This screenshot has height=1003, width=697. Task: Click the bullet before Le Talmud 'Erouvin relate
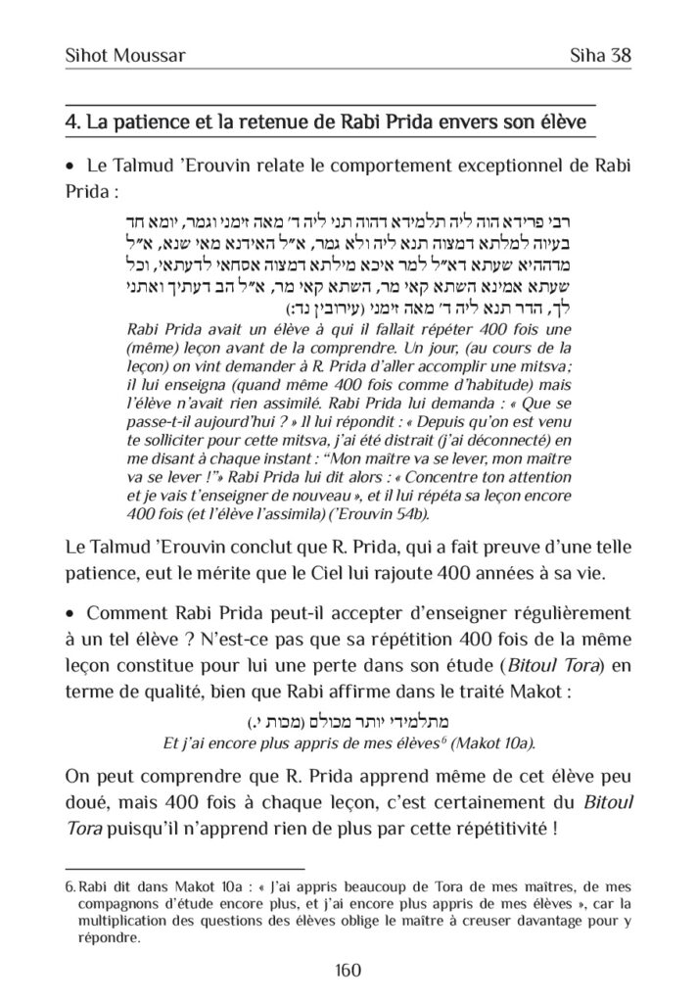[69, 167]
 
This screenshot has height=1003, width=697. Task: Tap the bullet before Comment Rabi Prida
[69, 613]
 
